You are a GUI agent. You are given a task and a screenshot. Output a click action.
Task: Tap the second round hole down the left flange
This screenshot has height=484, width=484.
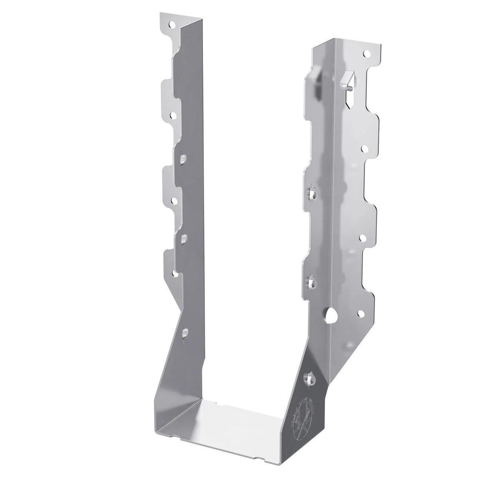click(173, 115)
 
